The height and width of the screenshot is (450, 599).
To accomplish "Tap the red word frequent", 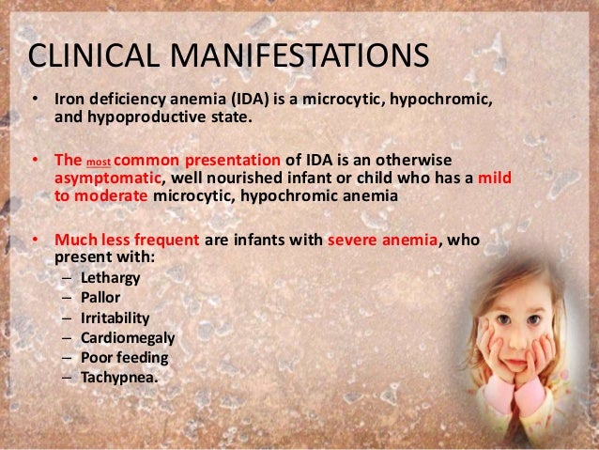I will coord(162,240).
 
